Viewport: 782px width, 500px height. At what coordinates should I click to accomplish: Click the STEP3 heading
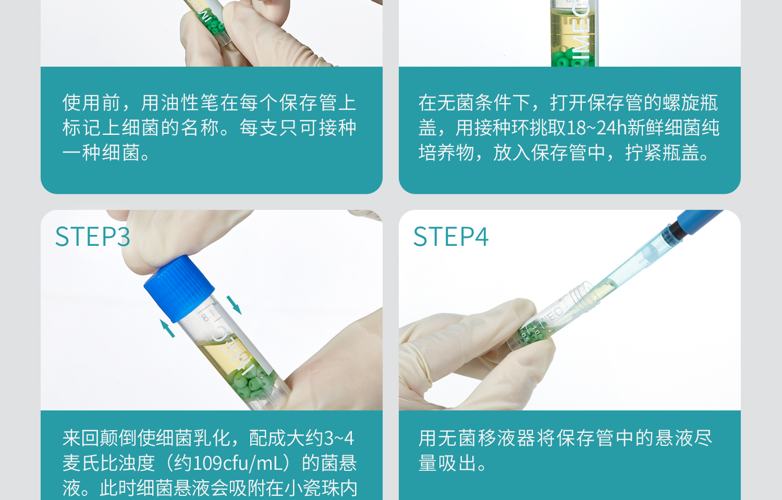click(93, 237)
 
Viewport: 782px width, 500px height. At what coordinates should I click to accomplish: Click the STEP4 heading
click(451, 237)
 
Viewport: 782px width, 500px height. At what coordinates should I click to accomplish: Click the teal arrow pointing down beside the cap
click(234, 305)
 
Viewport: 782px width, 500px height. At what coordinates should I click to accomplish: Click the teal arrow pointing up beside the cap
click(167, 328)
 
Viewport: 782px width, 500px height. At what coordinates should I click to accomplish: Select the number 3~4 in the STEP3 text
click(339, 438)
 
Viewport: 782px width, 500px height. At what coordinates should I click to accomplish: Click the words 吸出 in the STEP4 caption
click(457, 463)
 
